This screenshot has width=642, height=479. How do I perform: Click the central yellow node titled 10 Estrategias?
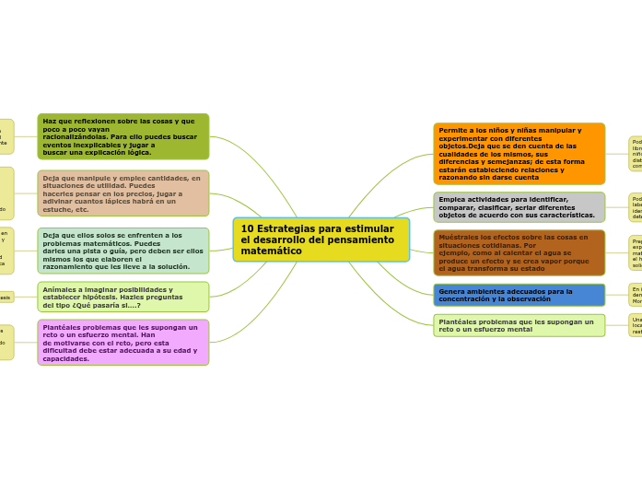[x=321, y=239]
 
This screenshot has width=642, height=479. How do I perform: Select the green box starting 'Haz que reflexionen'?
[x=123, y=136]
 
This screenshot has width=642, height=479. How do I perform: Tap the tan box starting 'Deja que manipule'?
[x=123, y=193]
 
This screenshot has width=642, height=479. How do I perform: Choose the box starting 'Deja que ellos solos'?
[x=123, y=251]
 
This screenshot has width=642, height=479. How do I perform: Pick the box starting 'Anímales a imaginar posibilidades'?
[x=123, y=297]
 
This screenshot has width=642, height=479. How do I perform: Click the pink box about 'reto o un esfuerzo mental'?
[x=123, y=343]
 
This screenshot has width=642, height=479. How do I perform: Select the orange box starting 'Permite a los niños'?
[x=519, y=154]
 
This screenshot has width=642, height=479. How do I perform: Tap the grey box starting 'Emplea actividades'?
[x=519, y=207]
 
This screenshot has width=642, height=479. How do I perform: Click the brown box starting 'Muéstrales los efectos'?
[x=519, y=252]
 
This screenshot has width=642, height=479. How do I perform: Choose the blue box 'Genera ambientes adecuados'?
[x=519, y=295]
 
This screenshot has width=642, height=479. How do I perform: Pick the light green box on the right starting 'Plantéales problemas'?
[x=519, y=325]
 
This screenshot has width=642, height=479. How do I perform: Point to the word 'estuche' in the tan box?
[x=57, y=209]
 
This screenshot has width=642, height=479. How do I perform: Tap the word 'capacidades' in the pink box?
[x=65, y=358]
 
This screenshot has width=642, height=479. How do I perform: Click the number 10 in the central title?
[x=247, y=228]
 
